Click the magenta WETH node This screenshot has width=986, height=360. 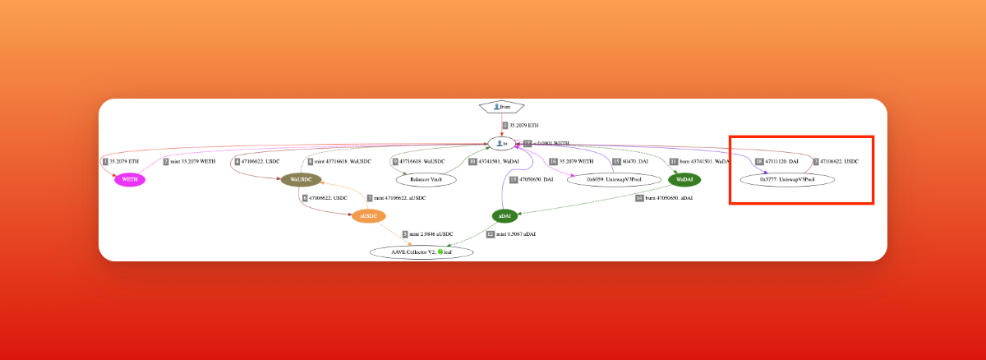click(130, 179)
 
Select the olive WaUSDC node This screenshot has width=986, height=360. click(301, 179)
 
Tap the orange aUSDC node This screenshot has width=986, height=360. click(368, 216)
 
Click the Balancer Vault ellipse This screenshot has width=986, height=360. click(426, 179)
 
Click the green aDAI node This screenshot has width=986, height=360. click(505, 216)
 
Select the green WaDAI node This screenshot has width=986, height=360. click(684, 179)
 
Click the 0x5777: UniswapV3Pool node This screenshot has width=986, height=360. click(787, 179)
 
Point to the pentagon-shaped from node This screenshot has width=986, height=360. click(502, 107)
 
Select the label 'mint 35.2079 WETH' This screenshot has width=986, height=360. click(192, 162)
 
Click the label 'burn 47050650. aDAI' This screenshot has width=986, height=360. click(664, 198)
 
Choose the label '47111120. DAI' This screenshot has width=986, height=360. click(781, 162)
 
